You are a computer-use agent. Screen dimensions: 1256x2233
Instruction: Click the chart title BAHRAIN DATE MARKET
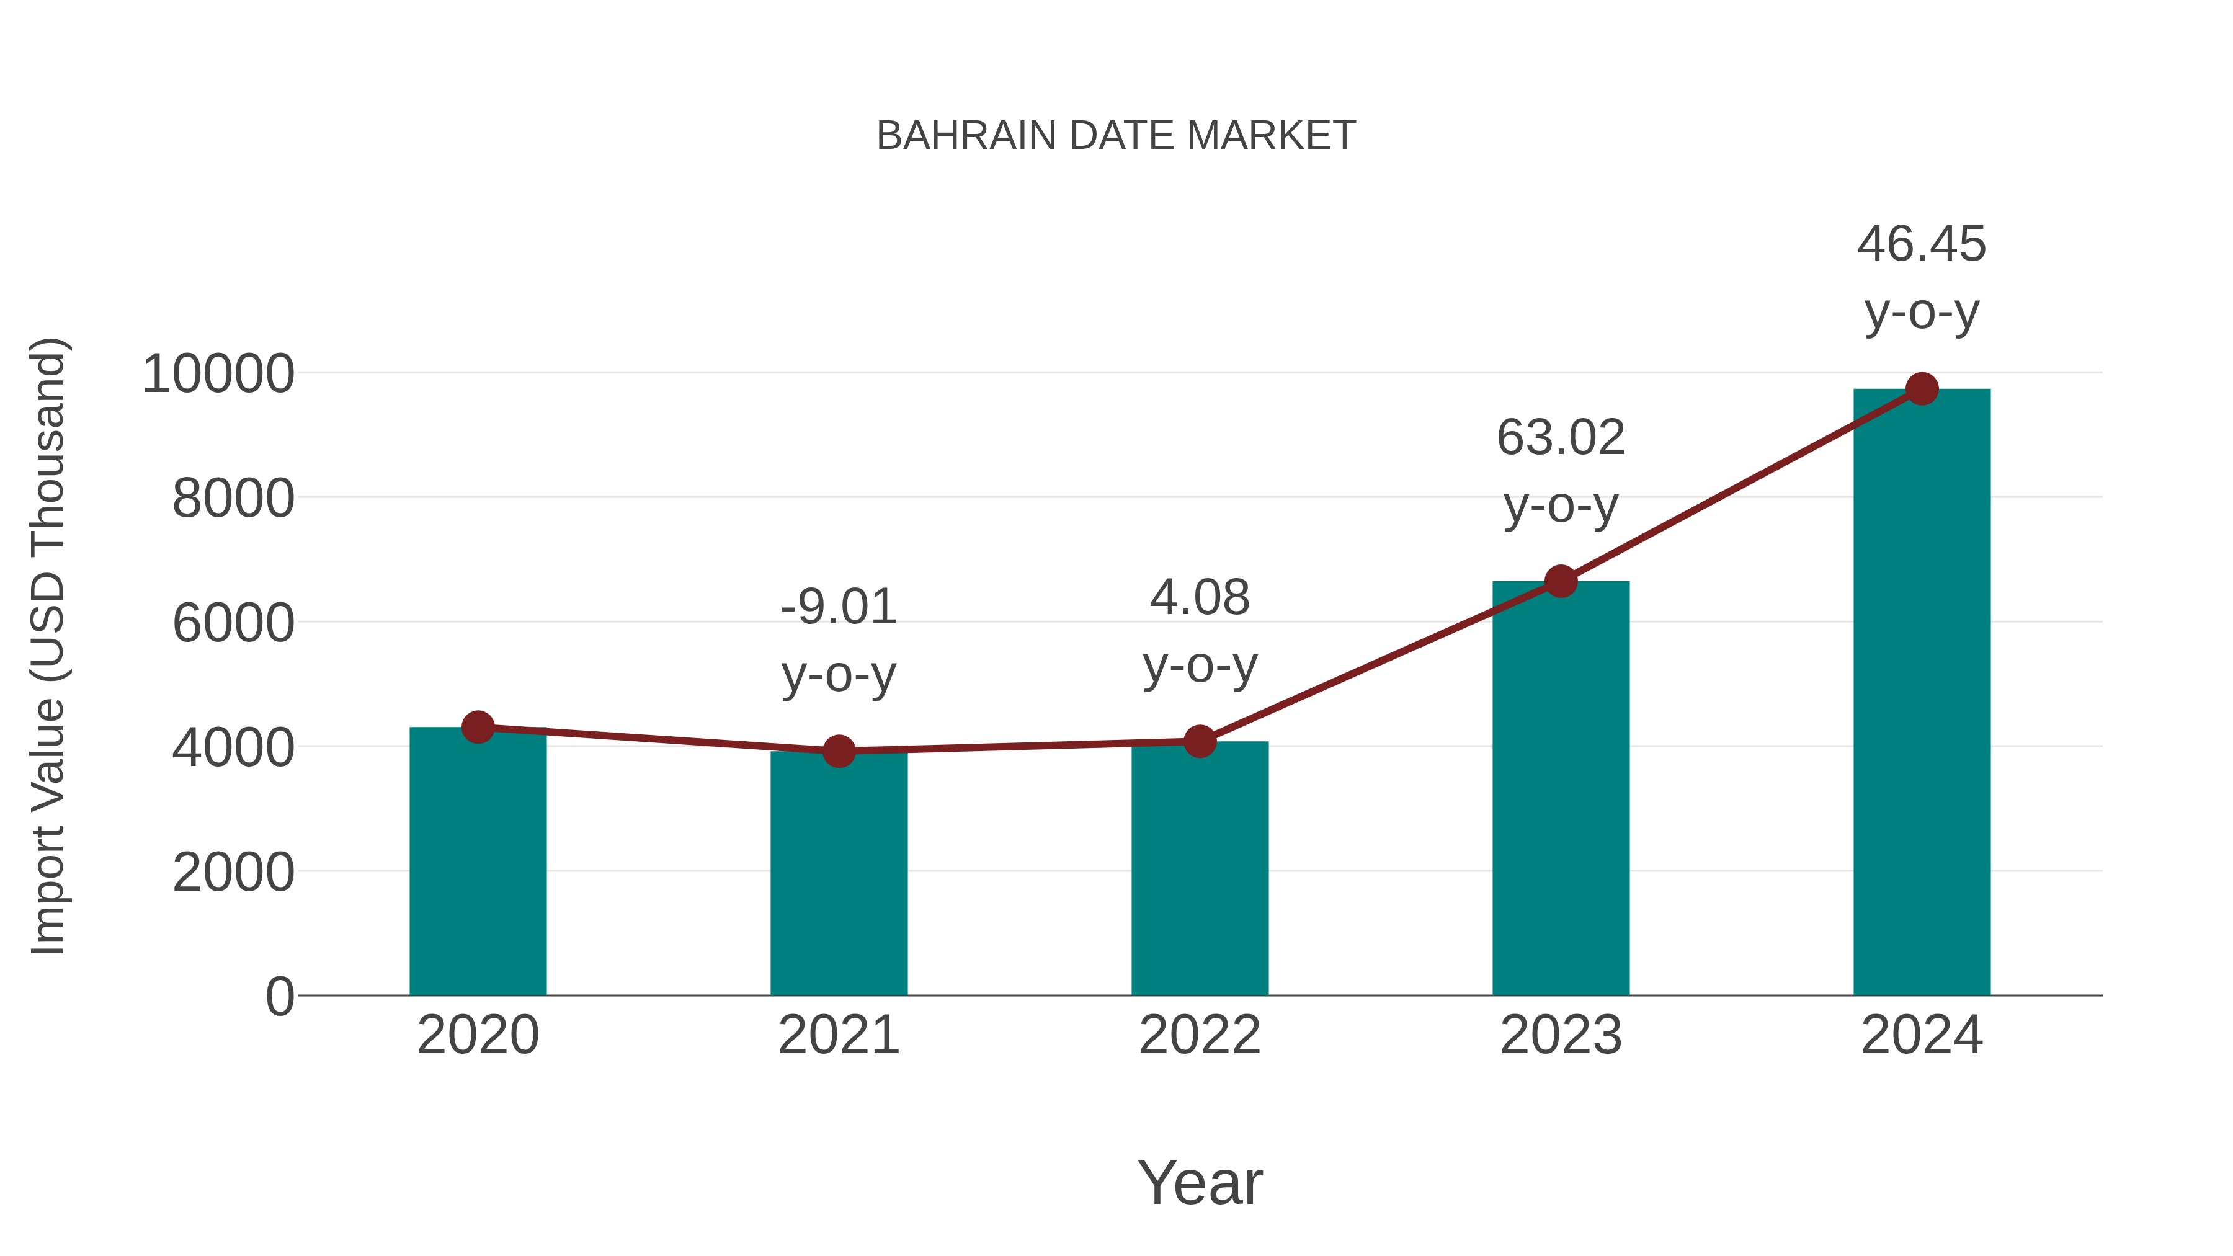click(x=1116, y=136)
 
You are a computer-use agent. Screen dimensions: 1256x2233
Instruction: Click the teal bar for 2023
click(x=1561, y=789)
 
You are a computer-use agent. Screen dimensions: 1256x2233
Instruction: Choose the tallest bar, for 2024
click(x=1922, y=693)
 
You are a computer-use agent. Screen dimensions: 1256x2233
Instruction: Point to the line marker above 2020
click(x=478, y=728)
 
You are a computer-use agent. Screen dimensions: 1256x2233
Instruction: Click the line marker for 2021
click(x=838, y=750)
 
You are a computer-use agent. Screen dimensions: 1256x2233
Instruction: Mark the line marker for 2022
click(x=1200, y=741)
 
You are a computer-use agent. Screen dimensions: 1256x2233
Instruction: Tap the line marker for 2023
click(x=1561, y=581)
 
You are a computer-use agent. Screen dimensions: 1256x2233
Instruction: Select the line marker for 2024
click(x=1922, y=389)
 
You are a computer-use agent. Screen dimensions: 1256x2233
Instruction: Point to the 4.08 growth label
click(x=1200, y=631)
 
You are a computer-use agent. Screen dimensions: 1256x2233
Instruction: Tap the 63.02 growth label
click(x=1561, y=471)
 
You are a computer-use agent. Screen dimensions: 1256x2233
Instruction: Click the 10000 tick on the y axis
click(x=218, y=375)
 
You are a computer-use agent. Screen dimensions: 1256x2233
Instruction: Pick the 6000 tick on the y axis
click(x=233, y=623)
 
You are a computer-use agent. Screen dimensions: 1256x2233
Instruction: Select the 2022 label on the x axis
click(x=1200, y=1035)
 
